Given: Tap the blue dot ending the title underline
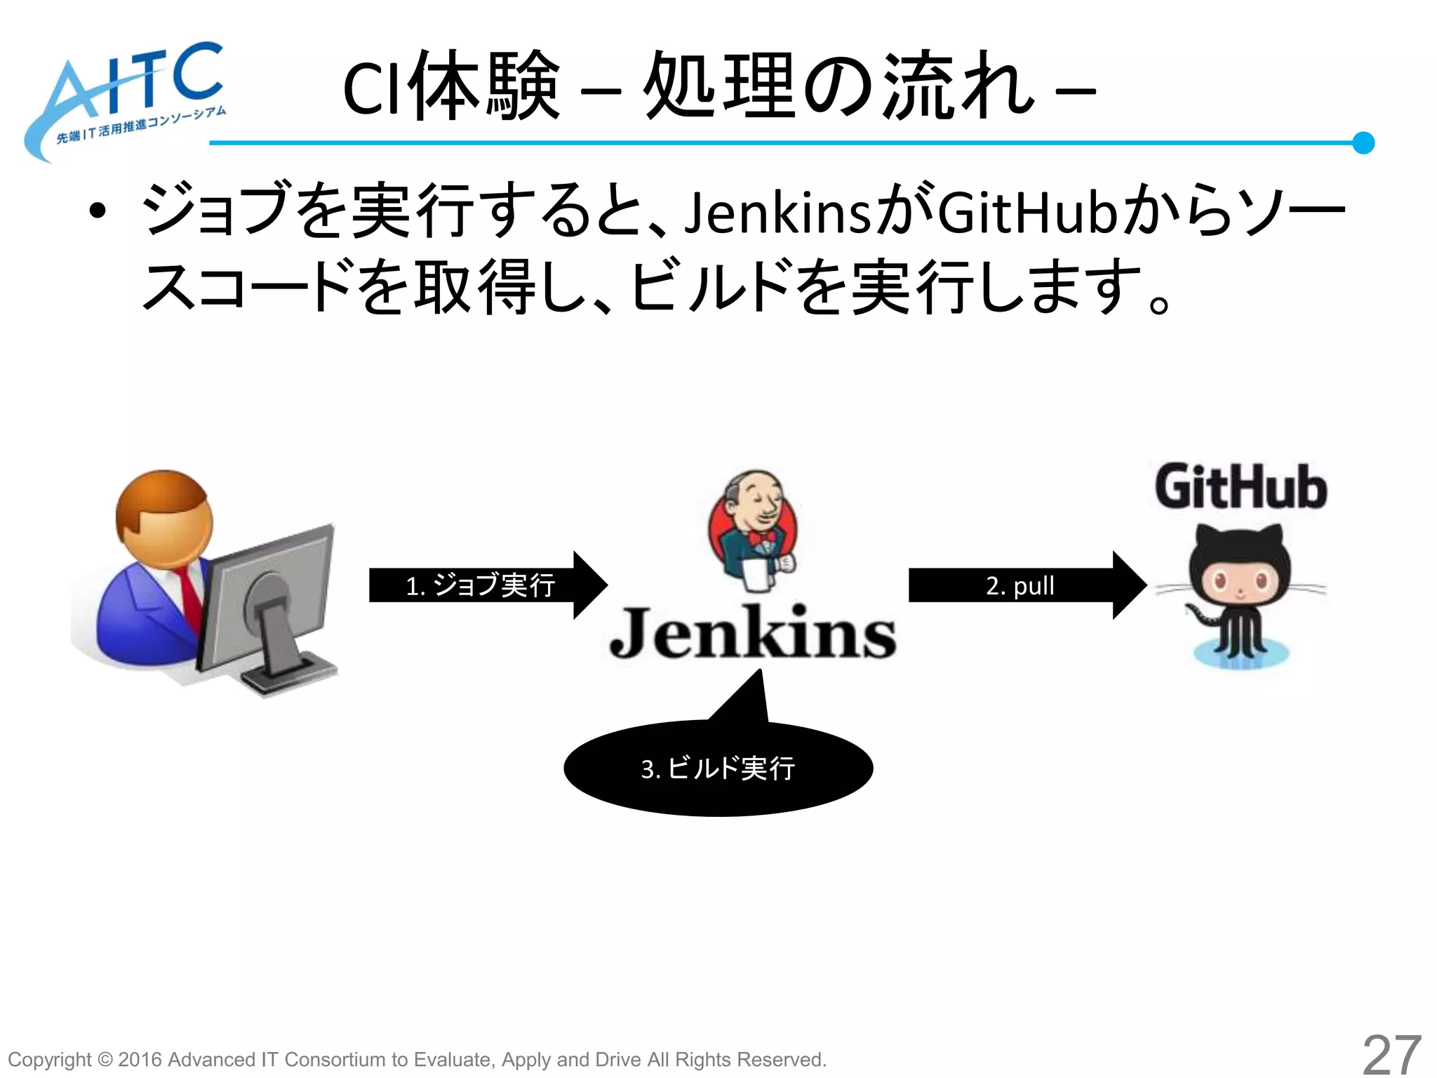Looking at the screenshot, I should (1363, 142).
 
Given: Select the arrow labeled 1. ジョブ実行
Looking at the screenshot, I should (488, 585).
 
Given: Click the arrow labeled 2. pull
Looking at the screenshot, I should (1027, 585).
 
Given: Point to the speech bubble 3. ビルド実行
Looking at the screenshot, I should (718, 768).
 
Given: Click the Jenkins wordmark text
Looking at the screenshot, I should (753, 634).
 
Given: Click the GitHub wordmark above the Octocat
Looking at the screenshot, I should (1241, 486).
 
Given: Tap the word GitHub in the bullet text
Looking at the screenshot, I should (1027, 213).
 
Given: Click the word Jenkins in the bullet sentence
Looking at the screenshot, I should (777, 213).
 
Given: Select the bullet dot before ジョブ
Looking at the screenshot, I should (98, 211).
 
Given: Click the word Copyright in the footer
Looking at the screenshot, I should (49, 1059).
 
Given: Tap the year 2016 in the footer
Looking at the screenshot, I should (140, 1059).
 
